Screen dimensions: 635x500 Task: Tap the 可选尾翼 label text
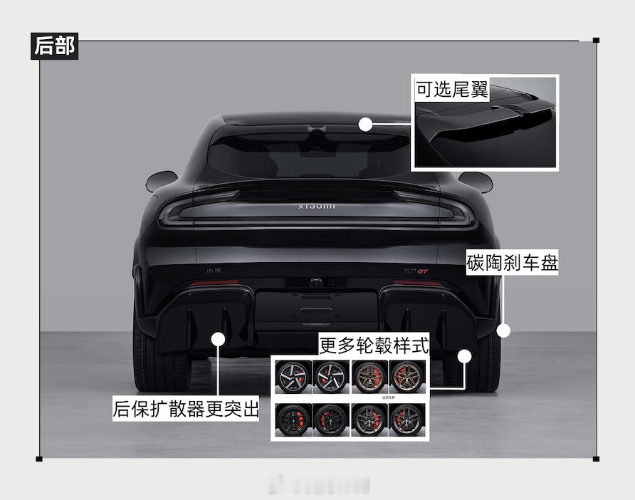coord(452,90)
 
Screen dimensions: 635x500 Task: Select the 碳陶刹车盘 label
coord(512,262)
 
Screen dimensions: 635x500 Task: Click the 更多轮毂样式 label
coord(374,345)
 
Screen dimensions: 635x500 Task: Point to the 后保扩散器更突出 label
coord(186,410)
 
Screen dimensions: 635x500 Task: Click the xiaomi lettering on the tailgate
coord(317,207)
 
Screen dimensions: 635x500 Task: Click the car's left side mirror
coord(161,181)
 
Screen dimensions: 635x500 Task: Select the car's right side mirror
coord(476,182)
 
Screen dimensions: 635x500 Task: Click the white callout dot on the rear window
coord(365,125)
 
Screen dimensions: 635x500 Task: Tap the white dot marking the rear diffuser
coord(219,339)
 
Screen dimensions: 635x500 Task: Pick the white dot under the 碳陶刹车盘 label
coord(503,330)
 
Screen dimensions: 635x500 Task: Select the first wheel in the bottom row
coord(294,420)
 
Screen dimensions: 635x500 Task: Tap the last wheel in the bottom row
coord(407,420)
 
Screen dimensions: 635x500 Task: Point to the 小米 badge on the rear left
coord(214,271)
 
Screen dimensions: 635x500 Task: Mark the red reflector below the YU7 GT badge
coord(418,283)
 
